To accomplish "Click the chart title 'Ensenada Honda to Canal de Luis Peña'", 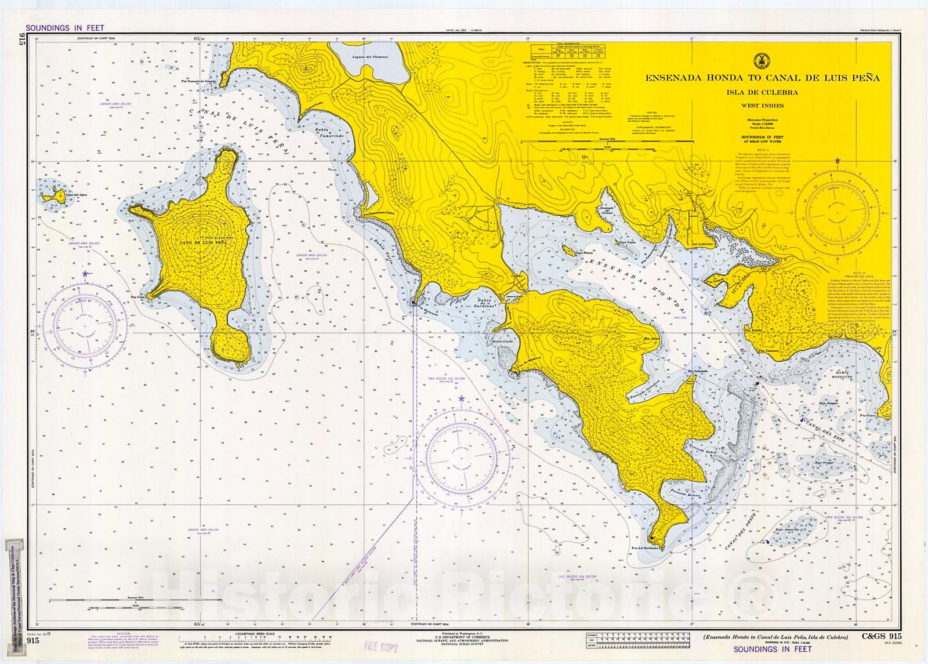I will (762, 78).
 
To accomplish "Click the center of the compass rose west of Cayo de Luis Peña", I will (85, 327).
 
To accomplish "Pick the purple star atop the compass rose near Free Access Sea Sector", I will (462, 398).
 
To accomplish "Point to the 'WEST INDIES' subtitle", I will (762, 106).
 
